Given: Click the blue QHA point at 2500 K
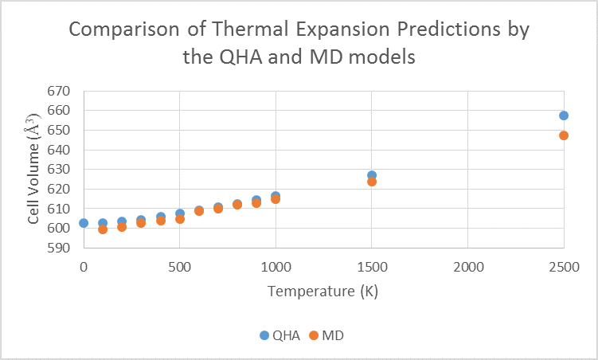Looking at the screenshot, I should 564,115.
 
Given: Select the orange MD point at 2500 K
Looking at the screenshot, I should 564,135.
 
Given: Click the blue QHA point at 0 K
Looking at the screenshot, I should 84,223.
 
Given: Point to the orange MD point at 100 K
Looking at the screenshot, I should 103,229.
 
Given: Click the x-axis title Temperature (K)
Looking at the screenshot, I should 322,291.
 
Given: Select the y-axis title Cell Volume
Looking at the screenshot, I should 34,170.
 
